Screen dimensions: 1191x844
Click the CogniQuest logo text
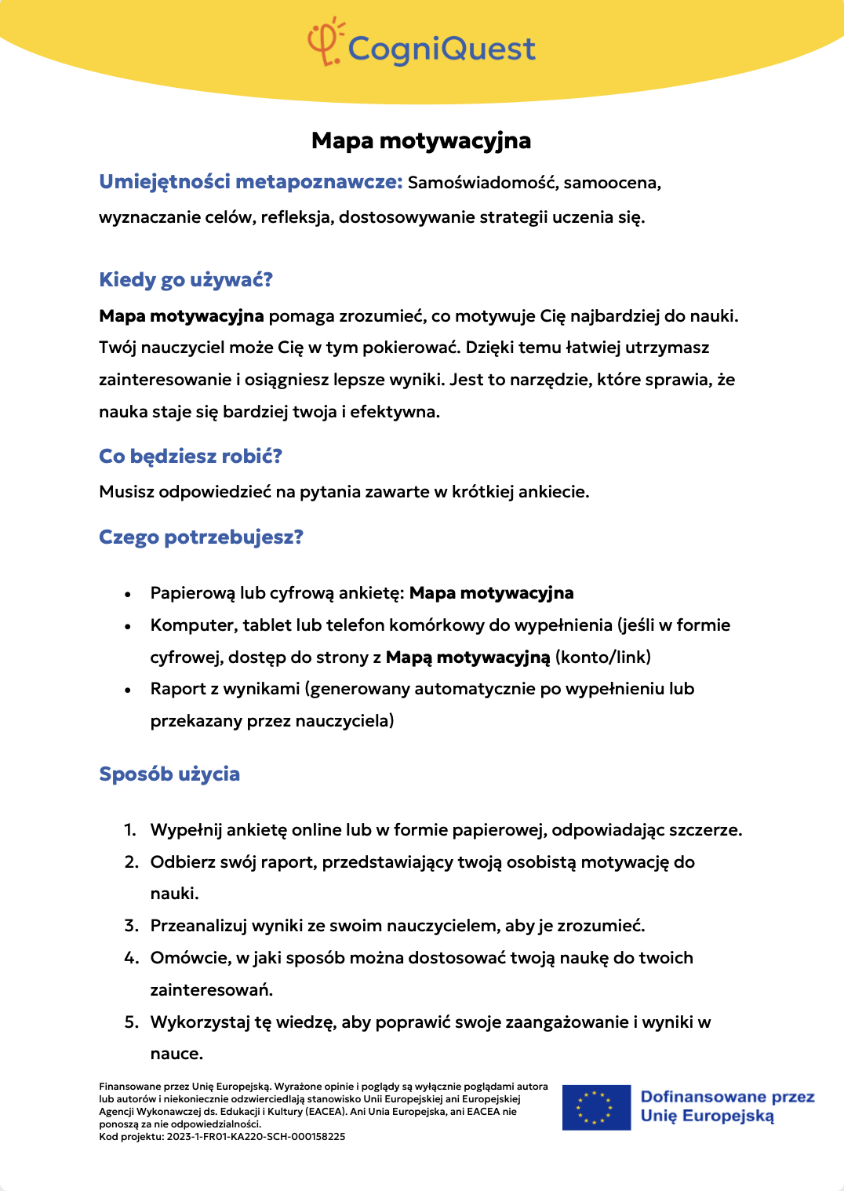(x=442, y=49)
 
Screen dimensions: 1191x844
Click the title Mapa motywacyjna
(x=421, y=140)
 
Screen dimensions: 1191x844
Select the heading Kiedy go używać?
(x=186, y=280)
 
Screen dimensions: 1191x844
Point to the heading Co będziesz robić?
(x=191, y=457)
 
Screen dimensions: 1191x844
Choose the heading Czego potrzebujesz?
(x=201, y=537)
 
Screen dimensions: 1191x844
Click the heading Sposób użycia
(x=169, y=774)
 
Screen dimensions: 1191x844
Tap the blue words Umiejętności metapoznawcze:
(x=251, y=182)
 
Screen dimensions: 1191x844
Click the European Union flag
(x=596, y=1107)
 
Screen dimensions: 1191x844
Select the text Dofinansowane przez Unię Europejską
(x=727, y=1106)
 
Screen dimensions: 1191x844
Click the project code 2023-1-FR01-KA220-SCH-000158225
(x=256, y=1136)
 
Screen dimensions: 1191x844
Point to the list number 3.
(x=131, y=926)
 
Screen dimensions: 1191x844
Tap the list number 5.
(x=131, y=1022)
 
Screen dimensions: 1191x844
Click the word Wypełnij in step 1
(x=184, y=830)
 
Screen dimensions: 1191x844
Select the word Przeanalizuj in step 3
(x=198, y=926)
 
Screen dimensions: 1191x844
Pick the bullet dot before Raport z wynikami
(x=128, y=690)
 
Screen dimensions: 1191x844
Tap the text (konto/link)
(x=603, y=657)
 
